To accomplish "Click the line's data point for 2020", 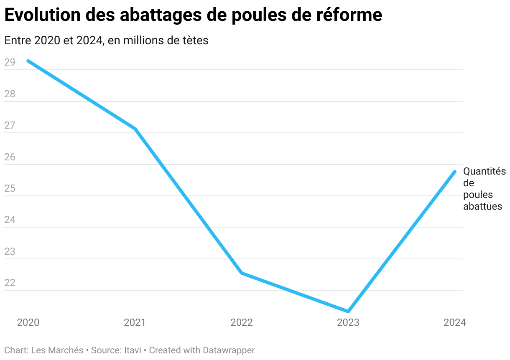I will click(28, 61).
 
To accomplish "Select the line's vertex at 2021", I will click(135, 129).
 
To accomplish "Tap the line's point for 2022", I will click(242, 273).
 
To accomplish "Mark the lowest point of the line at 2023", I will click(348, 312).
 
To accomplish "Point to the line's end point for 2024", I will click(455, 172).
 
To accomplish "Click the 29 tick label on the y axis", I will click(10, 63).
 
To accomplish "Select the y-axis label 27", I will click(10, 126).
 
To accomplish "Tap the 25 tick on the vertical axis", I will click(10, 189).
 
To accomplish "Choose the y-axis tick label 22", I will click(10, 283).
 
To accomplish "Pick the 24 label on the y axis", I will click(10, 220).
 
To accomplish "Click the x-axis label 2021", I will click(135, 322).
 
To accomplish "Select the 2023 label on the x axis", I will click(348, 322).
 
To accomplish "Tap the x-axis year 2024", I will click(454, 322).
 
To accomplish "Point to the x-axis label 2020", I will click(28, 322).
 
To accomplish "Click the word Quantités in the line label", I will click(484, 171).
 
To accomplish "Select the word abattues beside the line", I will click(482, 206).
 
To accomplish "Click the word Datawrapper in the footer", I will click(229, 350).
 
